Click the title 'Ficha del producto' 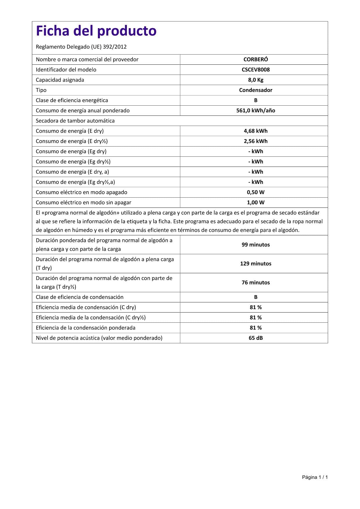[96, 31]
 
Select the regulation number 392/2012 [115, 47]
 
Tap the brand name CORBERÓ [255, 59]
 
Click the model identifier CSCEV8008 [255, 70]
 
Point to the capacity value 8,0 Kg [255, 80]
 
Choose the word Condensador [255, 90]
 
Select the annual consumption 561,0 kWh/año [255, 111]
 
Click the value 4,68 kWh [255, 131]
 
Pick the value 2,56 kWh [255, 141]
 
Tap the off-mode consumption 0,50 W [255, 192]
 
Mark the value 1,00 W [255, 203]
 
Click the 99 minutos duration [255, 245]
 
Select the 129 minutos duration [255, 263]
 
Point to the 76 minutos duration [255, 282]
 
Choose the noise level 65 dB [255, 338]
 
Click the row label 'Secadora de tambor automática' [75, 121]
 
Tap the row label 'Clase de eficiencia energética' [72, 100]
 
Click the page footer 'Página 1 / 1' [315, 477]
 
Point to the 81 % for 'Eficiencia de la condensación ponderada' [255, 328]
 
